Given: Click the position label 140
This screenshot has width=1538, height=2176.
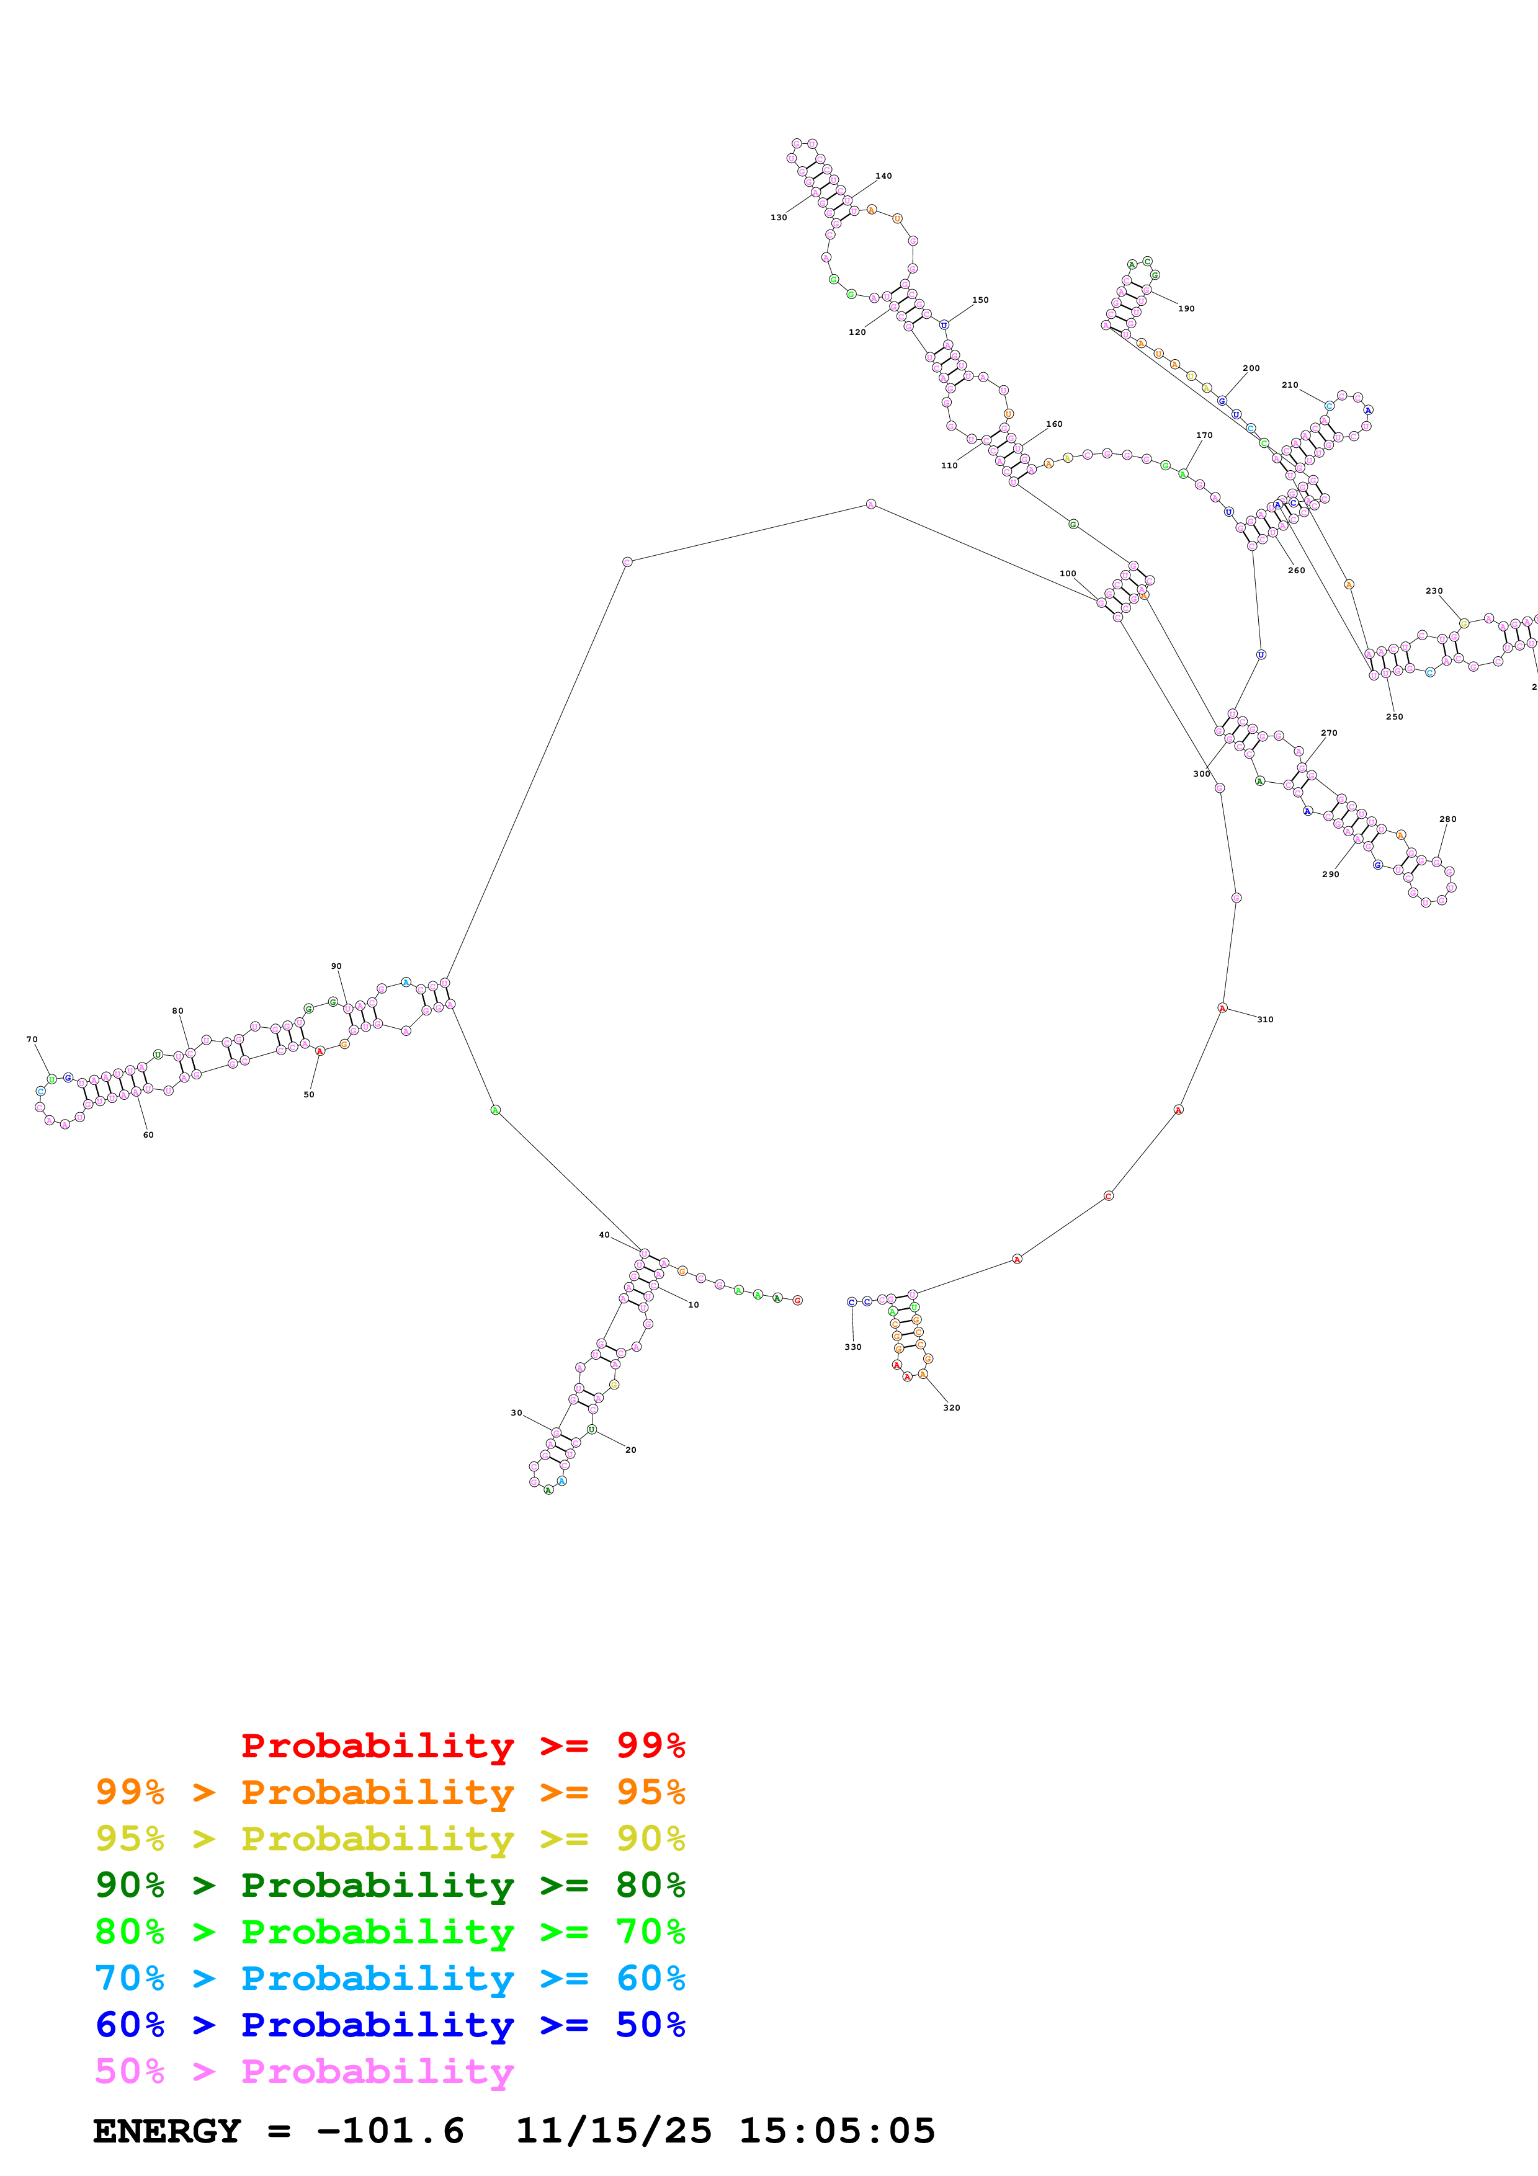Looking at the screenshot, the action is (x=883, y=176).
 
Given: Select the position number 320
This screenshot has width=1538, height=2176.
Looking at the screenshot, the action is (x=952, y=1407).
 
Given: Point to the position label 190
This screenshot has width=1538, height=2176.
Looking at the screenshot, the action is (x=1186, y=309).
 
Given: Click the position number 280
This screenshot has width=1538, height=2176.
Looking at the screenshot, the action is (x=1447, y=819).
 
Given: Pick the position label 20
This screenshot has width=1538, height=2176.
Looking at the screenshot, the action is (x=630, y=1450).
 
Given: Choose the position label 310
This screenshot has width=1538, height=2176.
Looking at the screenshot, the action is (x=1265, y=1020).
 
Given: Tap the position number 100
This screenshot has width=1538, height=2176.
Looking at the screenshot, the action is (x=1068, y=573).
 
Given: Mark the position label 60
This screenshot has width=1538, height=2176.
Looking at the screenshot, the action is (x=148, y=1135).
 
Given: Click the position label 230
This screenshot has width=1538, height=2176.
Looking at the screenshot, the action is (x=1434, y=591).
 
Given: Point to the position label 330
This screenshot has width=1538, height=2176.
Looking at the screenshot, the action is (x=853, y=1347).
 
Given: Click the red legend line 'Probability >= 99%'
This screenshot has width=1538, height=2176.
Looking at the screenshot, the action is (x=462, y=1746).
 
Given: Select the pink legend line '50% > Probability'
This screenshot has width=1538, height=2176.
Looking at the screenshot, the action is (x=304, y=2072).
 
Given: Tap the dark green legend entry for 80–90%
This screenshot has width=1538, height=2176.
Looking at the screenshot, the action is (x=390, y=1885).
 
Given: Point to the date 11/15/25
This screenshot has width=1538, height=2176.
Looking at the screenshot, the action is (x=613, y=2131).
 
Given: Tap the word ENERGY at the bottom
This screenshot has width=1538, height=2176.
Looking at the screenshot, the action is (x=167, y=2131).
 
